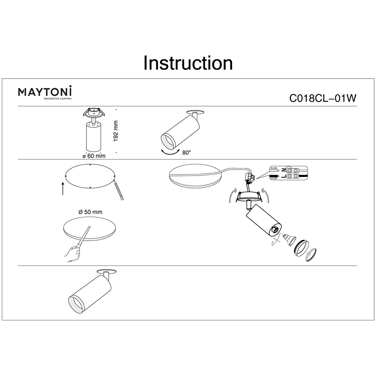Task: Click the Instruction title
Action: [188, 63]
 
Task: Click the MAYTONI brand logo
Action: [45, 92]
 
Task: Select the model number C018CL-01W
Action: [323, 98]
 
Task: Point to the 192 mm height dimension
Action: [115, 131]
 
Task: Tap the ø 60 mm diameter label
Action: [94, 156]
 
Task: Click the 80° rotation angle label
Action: [186, 153]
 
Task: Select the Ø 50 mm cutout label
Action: [90, 212]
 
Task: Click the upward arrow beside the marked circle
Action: [63, 188]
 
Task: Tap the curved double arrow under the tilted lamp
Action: [170, 152]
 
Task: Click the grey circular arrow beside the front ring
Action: [312, 255]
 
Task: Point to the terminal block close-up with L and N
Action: [288, 173]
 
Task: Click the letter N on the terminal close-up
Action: [283, 170]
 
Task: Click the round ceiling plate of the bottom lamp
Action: [107, 271]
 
